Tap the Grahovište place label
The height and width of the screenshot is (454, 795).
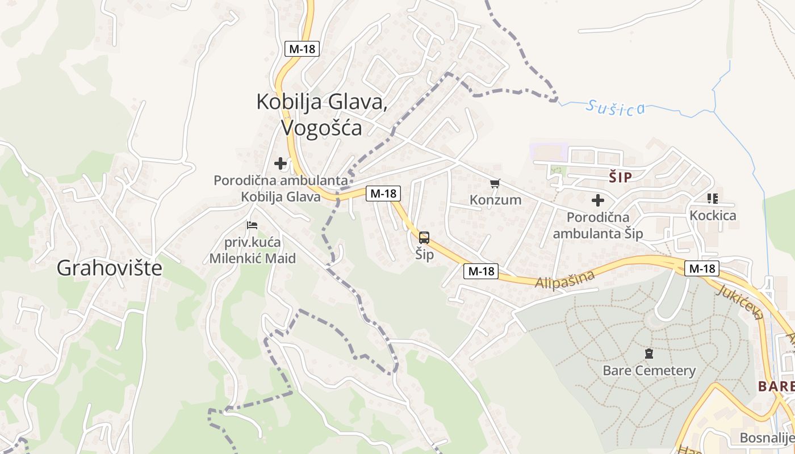coord(109,268)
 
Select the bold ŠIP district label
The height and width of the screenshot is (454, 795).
coord(620,177)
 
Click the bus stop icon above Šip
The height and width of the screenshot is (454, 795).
coord(424,238)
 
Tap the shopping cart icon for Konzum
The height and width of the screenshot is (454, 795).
coord(495,183)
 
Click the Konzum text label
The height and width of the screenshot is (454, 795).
coord(495,200)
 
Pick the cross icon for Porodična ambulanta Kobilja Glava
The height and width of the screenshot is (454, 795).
coord(281,163)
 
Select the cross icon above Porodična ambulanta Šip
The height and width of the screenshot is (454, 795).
coord(597,200)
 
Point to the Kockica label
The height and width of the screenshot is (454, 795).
coord(713,216)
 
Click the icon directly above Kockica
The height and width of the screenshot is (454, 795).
coord(713,199)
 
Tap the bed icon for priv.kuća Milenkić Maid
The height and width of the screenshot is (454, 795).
coord(253,225)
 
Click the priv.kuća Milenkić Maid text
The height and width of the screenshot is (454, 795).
coord(253,250)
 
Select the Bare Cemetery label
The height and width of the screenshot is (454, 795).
coord(649,371)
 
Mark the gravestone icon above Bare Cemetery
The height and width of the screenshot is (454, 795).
coord(648,354)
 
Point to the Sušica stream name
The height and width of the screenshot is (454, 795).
coord(616,107)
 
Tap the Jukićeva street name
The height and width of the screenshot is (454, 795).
coord(740,301)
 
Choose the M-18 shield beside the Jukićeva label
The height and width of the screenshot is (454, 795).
coord(701,268)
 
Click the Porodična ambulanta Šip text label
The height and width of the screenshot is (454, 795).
coord(598,225)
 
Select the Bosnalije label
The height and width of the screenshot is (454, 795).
coord(767,438)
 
